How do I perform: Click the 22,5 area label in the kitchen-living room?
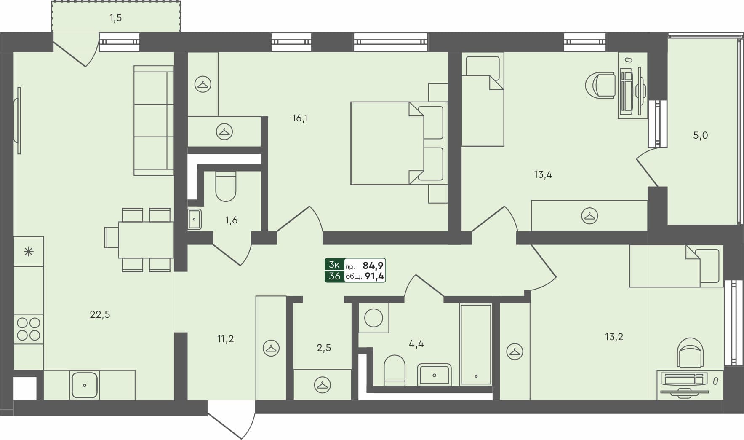pyautogui.click(x=100, y=314)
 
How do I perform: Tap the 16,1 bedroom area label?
pyautogui.click(x=300, y=118)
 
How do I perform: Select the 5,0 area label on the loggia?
pyautogui.click(x=700, y=136)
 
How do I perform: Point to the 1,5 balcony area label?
pyautogui.click(x=116, y=18)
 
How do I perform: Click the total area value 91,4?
pyautogui.click(x=374, y=276)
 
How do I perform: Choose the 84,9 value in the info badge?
pyautogui.click(x=373, y=266)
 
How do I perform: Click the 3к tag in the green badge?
pyautogui.click(x=335, y=265)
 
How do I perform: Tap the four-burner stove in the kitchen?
pyautogui.click(x=29, y=329)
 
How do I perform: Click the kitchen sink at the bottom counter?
pyautogui.click(x=85, y=385)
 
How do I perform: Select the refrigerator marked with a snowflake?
pyautogui.click(x=28, y=252)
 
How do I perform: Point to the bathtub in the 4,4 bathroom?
pyautogui.click(x=476, y=344)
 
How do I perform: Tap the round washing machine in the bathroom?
pyautogui.click(x=373, y=317)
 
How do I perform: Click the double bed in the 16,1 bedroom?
pyautogui.click(x=398, y=143)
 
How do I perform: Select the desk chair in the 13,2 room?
pyautogui.click(x=690, y=353)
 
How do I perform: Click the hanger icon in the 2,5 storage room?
pyautogui.click(x=323, y=384)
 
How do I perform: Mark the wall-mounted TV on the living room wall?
pyautogui.click(x=18, y=121)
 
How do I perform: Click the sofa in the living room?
pyautogui.click(x=154, y=121)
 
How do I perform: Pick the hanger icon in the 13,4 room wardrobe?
pyautogui.click(x=589, y=216)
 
